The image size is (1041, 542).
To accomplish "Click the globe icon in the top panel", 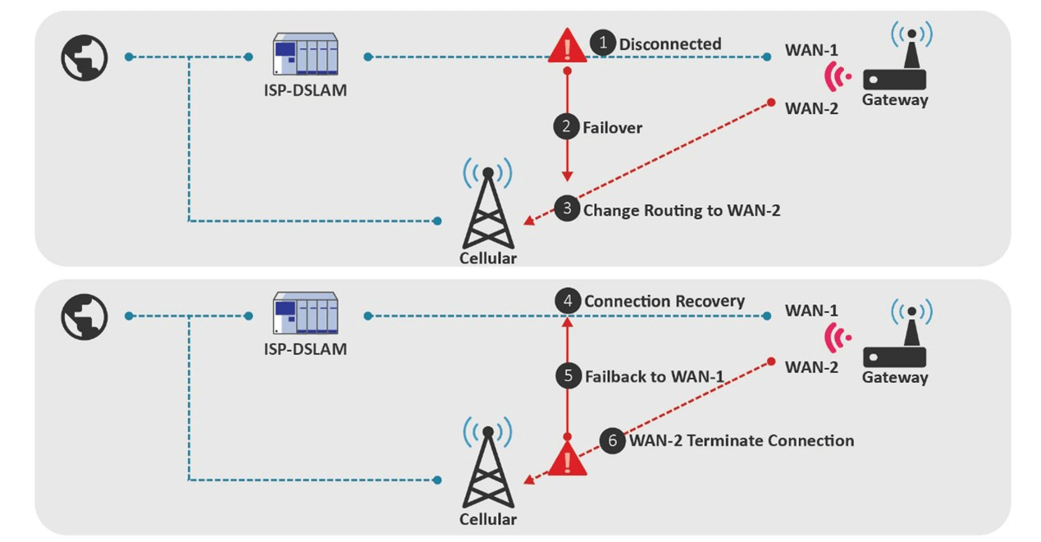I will tap(84, 57).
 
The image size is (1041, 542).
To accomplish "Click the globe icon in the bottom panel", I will tap(84, 317).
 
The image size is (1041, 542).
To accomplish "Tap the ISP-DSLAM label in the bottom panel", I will tap(305, 349).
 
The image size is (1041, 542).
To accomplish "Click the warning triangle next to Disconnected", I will tap(567, 46).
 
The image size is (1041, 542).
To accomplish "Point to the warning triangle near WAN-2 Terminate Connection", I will tap(567, 460).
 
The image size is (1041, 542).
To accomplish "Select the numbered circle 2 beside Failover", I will tap(566, 127).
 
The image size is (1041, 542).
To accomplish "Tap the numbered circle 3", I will tap(567, 209).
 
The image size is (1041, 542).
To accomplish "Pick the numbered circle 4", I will tap(568, 301).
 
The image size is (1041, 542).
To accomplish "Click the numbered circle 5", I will tap(568, 376).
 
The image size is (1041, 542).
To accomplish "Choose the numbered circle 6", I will tap(612, 440).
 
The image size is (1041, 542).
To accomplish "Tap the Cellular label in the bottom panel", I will tap(488, 519).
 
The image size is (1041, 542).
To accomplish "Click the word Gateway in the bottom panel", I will tap(895, 378).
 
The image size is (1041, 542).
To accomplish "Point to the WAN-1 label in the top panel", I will tap(811, 51).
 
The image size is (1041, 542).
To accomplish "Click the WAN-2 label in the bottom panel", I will tap(811, 367).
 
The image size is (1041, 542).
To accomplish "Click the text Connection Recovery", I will tap(664, 301).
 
